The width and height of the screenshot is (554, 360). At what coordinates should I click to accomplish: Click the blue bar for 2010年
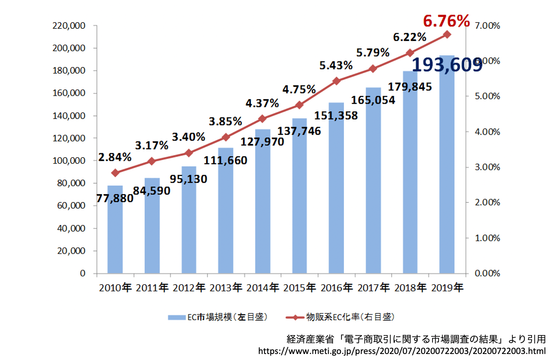115,237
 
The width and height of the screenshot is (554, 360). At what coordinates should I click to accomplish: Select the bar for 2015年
299,200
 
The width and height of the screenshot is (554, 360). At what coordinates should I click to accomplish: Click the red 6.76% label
446,21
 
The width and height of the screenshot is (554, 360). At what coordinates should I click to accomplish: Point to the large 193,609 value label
447,65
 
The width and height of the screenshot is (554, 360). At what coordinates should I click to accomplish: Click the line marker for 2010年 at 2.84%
115,173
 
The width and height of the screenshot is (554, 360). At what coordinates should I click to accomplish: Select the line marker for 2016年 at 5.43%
336,81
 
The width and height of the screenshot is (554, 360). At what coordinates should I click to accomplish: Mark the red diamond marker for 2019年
447,34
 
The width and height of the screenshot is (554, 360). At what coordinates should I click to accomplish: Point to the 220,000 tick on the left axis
69,26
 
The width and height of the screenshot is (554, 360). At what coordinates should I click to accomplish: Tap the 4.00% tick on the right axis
487,132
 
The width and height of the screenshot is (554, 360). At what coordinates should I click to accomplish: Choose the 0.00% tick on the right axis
487,273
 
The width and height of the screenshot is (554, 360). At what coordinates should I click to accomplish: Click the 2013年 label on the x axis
226,287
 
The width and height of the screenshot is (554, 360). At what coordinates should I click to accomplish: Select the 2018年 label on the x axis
410,287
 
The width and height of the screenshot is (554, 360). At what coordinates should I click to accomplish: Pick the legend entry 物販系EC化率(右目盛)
340,317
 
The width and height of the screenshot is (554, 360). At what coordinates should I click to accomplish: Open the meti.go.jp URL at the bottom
402,351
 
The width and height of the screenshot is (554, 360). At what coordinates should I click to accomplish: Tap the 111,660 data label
225,160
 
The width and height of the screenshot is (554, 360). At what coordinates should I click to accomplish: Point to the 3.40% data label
188,137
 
